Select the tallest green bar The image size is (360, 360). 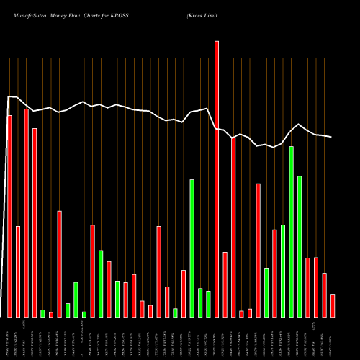(x=292, y=231)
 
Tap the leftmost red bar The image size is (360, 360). (x=9, y=216)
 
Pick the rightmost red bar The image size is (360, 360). (x=333, y=305)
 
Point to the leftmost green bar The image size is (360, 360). (x=42, y=313)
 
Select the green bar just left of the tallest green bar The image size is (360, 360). (x=283, y=271)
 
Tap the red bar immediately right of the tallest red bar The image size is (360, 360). (x=225, y=284)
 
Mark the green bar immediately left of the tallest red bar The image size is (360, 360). (x=208, y=304)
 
